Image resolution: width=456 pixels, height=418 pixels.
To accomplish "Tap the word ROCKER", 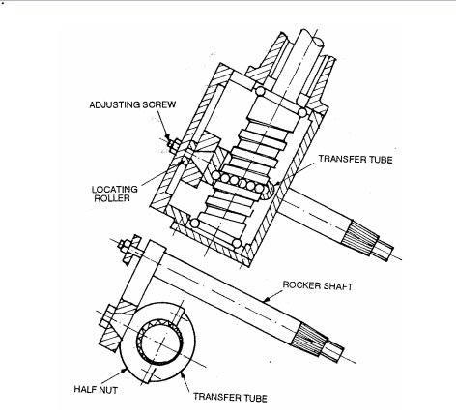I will tap(301, 284).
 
